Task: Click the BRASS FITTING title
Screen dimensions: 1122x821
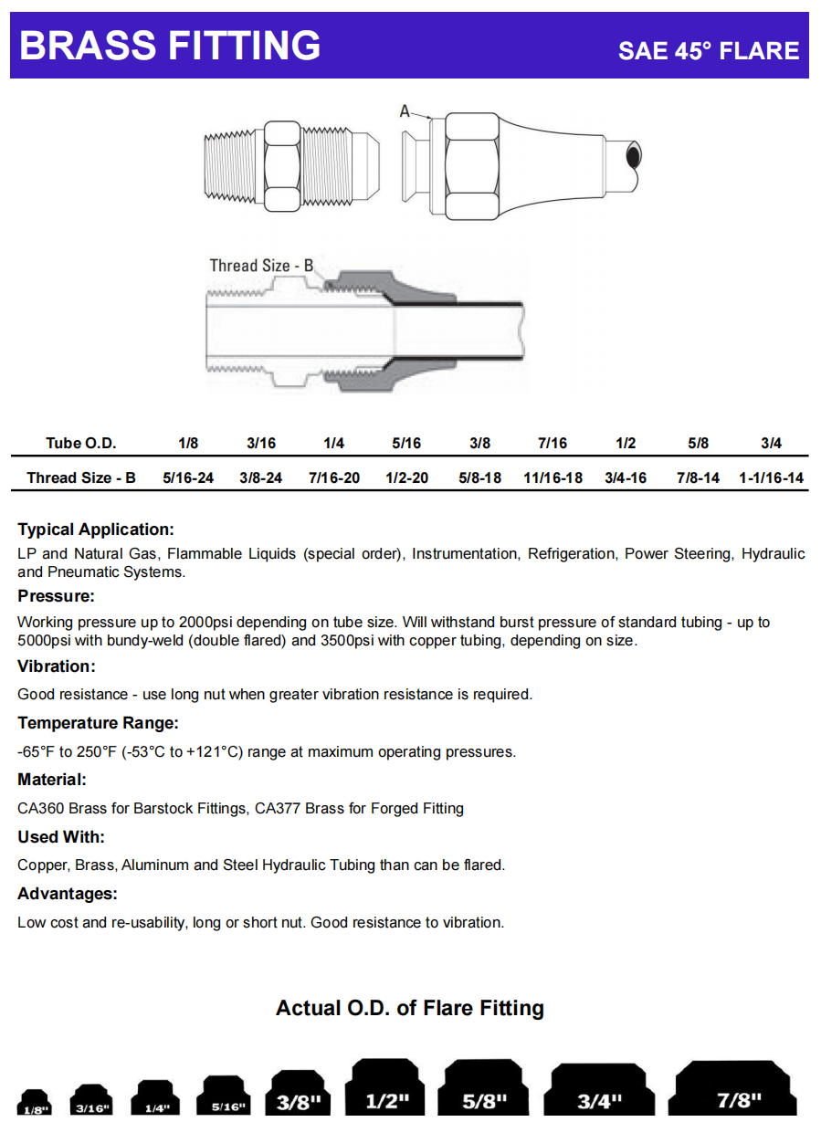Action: [x=170, y=45]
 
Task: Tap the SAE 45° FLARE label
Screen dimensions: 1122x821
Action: [x=708, y=50]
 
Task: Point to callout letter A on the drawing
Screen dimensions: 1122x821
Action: [x=405, y=111]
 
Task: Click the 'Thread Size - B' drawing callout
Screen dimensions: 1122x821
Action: [x=261, y=266]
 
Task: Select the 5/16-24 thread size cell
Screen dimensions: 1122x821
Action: [x=188, y=477]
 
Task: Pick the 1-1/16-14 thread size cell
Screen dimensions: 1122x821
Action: [x=771, y=477]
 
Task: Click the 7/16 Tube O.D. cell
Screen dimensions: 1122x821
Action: [x=553, y=444]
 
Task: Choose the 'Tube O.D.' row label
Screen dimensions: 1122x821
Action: [x=81, y=444]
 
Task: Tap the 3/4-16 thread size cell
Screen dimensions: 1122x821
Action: [x=626, y=477]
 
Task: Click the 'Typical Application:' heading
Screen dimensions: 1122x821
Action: [x=95, y=530]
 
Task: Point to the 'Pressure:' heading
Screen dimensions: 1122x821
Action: [x=56, y=596]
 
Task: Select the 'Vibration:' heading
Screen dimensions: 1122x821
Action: [x=57, y=666]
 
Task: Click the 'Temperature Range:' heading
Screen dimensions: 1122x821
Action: [x=98, y=723]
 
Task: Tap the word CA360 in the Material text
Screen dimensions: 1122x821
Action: [x=40, y=808]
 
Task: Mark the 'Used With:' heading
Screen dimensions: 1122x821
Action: [x=61, y=837]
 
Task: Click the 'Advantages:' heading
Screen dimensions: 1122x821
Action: [x=68, y=894]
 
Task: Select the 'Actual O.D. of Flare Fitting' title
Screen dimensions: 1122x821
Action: [x=410, y=1008]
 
